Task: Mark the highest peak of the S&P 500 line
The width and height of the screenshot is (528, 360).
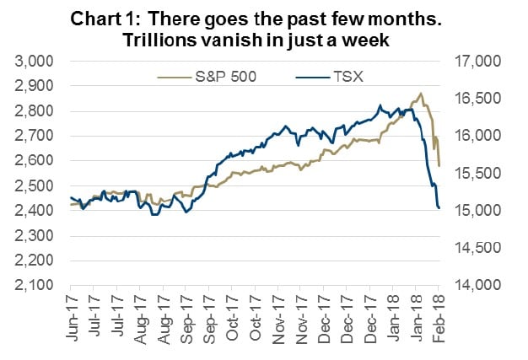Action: [x=420, y=94]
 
